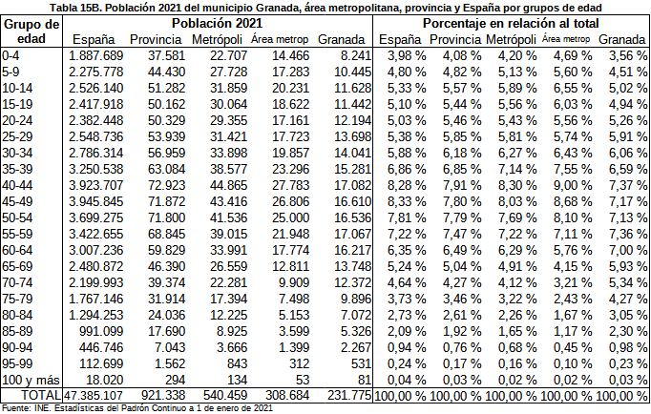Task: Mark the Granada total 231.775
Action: (340, 394)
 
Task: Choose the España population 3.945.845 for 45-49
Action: (94, 200)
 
